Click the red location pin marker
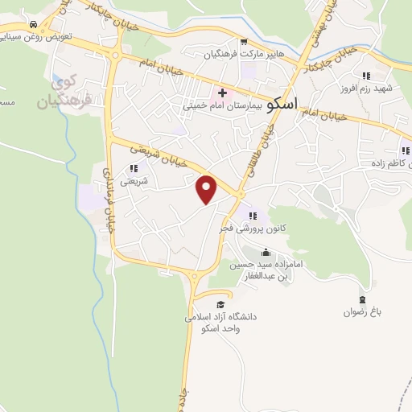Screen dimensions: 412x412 208,189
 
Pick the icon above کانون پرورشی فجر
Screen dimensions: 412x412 253,216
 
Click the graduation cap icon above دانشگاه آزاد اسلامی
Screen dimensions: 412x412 220,304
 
